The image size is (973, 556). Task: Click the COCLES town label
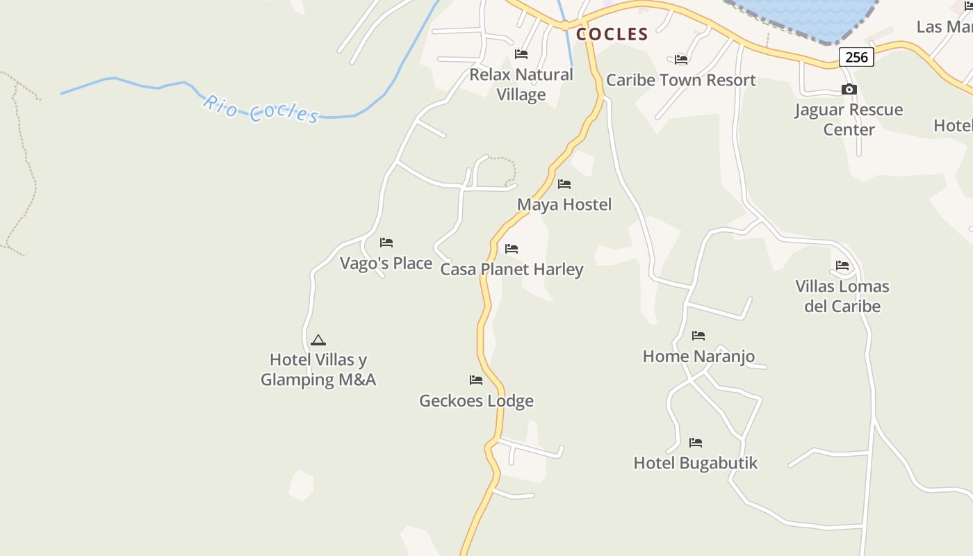tap(612, 34)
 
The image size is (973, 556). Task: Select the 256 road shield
tap(856, 57)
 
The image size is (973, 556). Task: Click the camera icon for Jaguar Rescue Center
tap(849, 89)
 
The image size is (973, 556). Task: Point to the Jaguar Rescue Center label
tap(849, 120)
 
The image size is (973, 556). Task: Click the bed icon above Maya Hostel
tap(564, 184)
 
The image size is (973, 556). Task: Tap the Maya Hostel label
tap(564, 204)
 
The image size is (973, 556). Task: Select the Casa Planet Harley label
tap(512, 269)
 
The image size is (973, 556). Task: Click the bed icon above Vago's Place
tap(386, 243)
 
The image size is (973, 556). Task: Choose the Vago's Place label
tap(386, 263)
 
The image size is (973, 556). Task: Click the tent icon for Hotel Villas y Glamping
tap(318, 340)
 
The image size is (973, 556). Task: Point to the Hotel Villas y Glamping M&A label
tap(318, 370)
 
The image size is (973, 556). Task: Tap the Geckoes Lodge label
tap(476, 400)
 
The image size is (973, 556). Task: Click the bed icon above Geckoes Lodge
tap(476, 380)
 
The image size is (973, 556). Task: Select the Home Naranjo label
tap(698, 357)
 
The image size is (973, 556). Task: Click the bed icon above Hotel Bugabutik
tap(696, 443)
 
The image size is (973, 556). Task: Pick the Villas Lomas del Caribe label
tap(842, 296)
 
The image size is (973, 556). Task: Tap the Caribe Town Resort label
tap(680, 80)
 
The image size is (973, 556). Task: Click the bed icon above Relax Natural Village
tap(521, 54)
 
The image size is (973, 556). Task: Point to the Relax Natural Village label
tap(521, 84)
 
